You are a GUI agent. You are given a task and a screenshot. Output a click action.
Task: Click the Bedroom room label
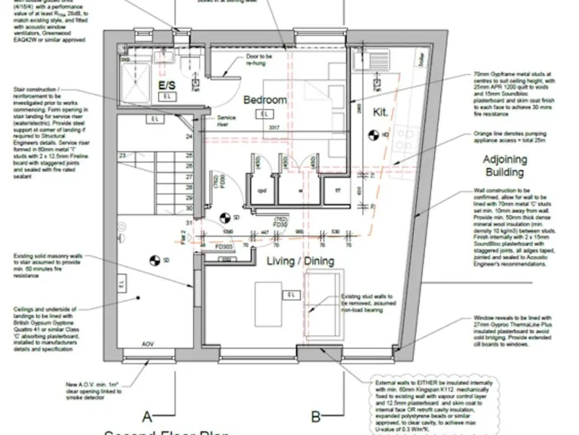(265, 100)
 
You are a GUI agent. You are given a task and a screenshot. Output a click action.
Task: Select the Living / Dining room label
(301, 261)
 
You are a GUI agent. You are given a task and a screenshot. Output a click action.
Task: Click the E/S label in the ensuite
(166, 85)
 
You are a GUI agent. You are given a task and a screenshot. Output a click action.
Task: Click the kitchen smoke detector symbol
(372, 135)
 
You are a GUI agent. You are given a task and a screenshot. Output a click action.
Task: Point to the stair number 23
(122, 156)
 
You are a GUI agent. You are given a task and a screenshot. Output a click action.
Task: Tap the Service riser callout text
(226, 121)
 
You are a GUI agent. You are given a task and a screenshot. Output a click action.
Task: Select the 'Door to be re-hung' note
(259, 60)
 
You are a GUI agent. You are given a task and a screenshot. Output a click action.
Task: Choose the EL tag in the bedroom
(263, 114)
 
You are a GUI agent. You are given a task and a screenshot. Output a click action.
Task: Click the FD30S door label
(224, 247)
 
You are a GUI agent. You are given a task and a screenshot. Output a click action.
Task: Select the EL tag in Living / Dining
(290, 294)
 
